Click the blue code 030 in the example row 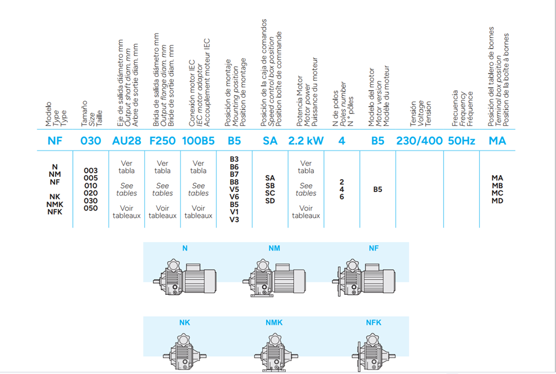[90, 141]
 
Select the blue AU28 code [126, 141]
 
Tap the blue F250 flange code [162, 141]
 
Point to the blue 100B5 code [198, 141]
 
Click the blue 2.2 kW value [306, 141]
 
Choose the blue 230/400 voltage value [420, 141]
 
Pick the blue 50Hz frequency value [461, 141]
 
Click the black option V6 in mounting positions [234, 197]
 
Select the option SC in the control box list [270, 193]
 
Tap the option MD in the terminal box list [497, 200]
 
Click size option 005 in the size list [90, 178]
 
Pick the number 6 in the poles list [341, 197]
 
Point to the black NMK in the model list [54, 204]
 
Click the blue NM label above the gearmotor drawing [274, 248]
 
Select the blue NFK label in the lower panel [373, 322]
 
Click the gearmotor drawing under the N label [185, 277]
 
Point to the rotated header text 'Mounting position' [235, 95]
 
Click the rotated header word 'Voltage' [421, 113]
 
